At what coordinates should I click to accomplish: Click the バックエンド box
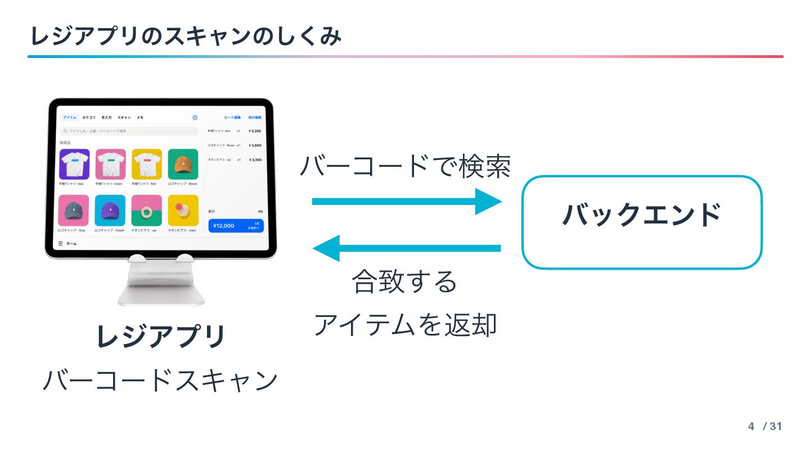pyautogui.click(x=642, y=222)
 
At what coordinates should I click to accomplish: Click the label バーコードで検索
pyautogui.click(x=405, y=167)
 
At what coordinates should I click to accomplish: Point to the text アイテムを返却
pyautogui.click(x=405, y=325)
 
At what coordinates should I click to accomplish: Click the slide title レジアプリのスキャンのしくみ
pyautogui.click(x=186, y=37)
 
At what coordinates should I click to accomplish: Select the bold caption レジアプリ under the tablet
pyautogui.click(x=161, y=337)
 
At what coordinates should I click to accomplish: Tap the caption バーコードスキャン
pyautogui.click(x=161, y=381)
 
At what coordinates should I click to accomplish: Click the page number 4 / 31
pyautogui.click(x=765, y=426)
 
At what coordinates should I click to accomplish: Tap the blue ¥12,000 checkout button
pyautogui.click(x=236, y=226)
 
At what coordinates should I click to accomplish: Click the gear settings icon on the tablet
pyautogui.click(x=195, y=118)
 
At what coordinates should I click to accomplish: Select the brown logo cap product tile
pyautogui.click(x=183, y=164)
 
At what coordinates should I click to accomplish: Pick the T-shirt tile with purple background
pyautogui.click(x=74, y=164)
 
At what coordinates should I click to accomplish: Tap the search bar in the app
pyautogui.click(x=129, y=131)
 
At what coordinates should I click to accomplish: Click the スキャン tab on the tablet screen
pyautogui.click(x=124, y=118)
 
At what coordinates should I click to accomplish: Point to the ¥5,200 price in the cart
pyautogui.click(x=255, y=131)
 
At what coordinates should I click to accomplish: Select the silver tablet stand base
pyautogui.click(x=161, y=284)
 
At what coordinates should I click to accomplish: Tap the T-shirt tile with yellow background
pyautogui.click(x=147, y=164)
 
